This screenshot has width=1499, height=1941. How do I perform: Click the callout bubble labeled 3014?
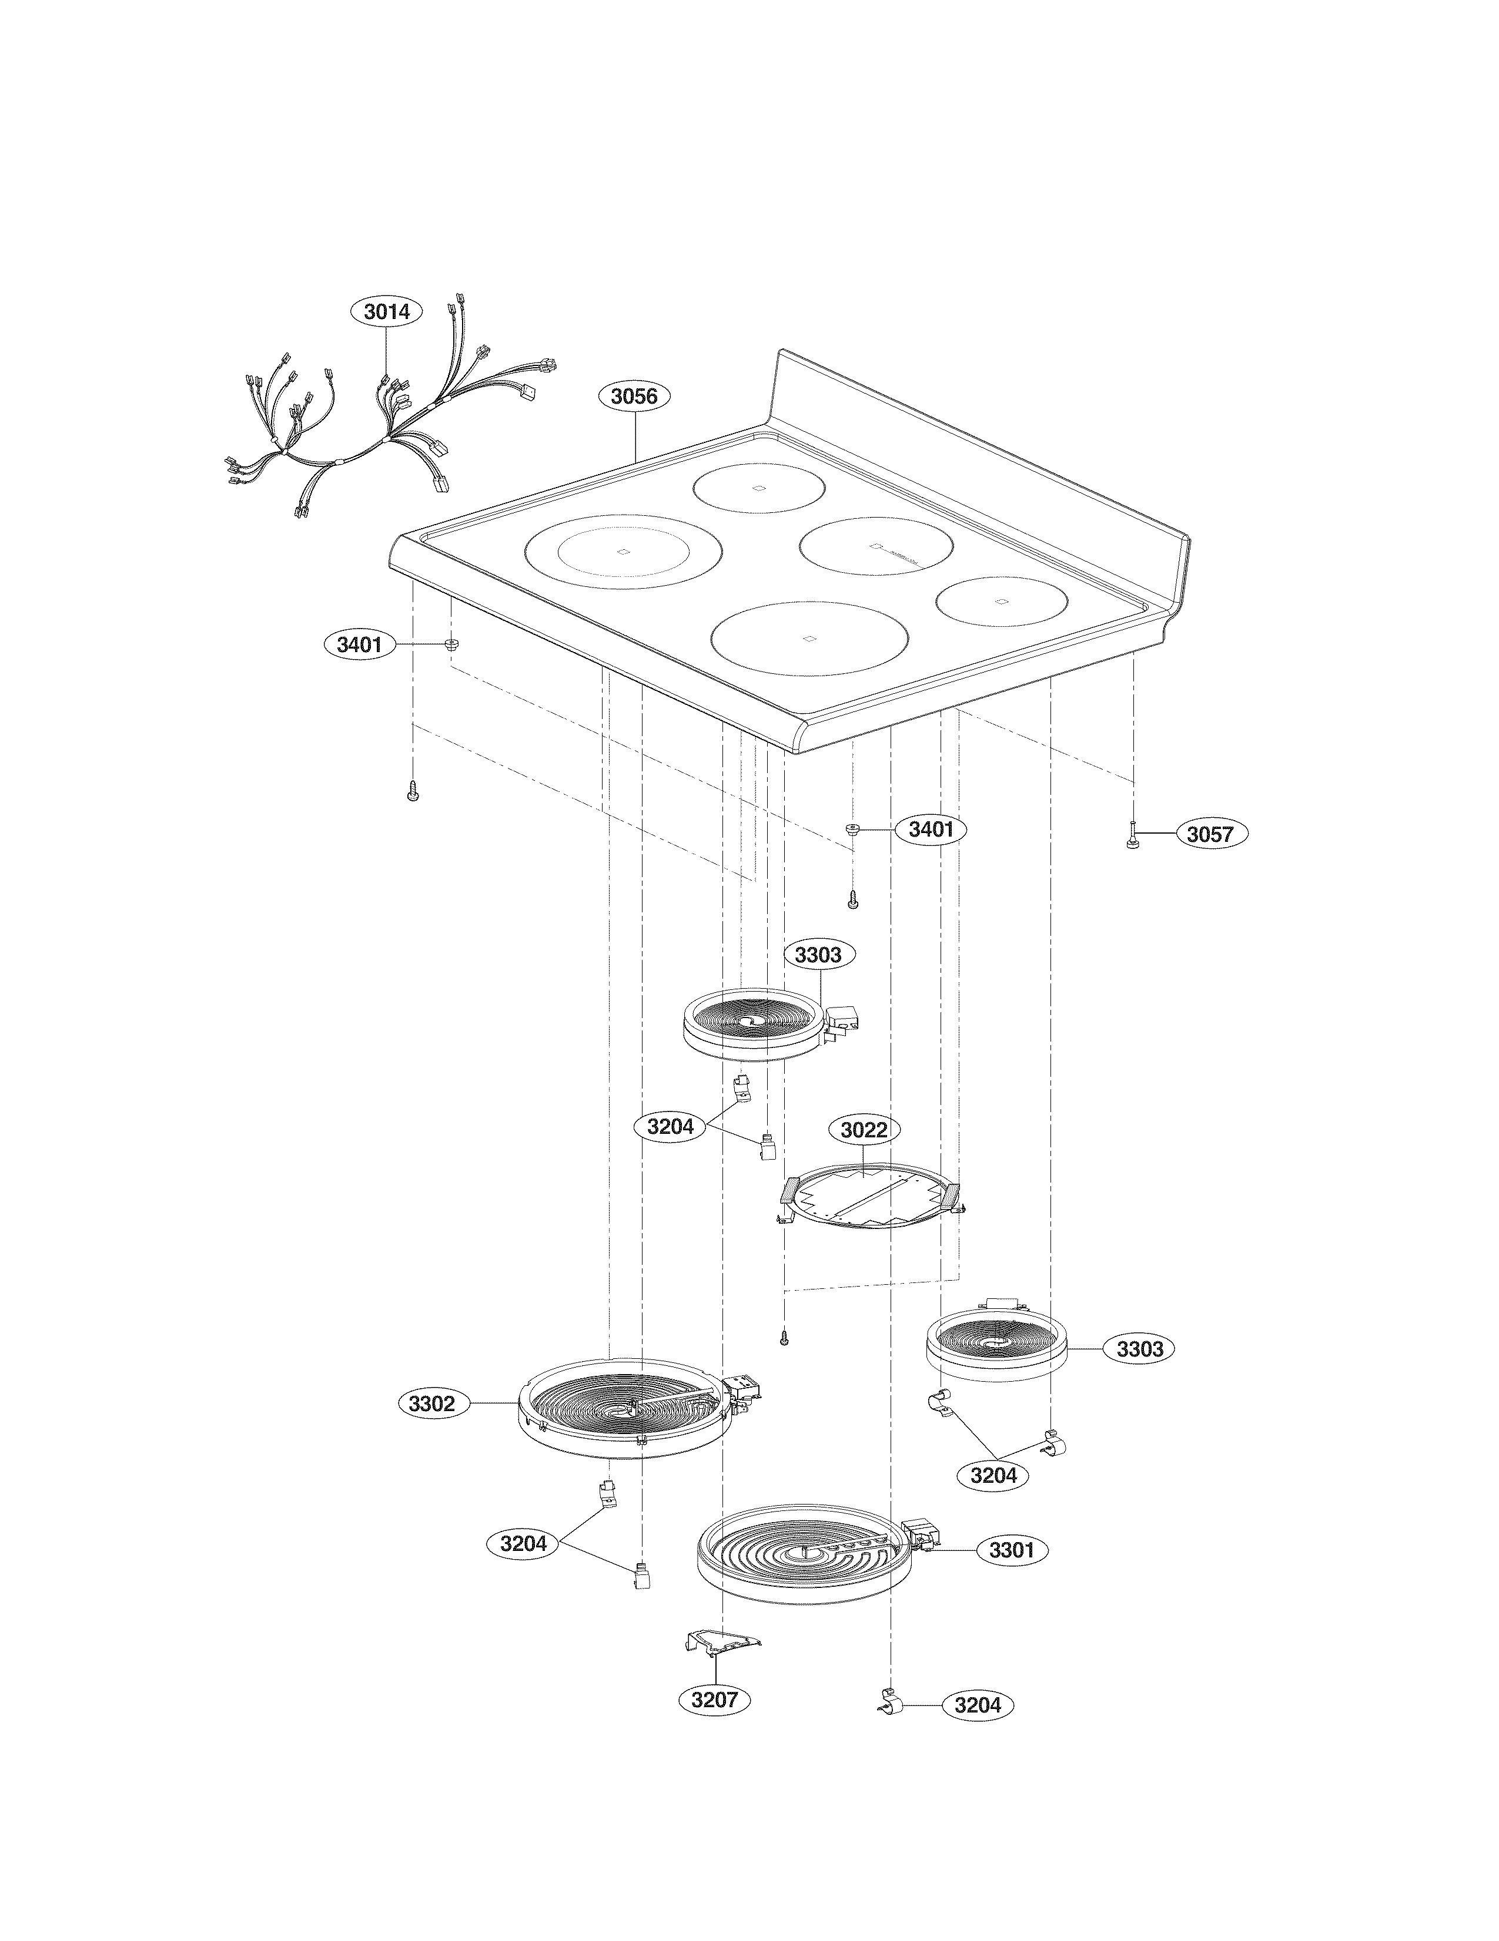tap(387, 312)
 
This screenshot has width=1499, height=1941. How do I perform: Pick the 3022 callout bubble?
tap(864, 1130)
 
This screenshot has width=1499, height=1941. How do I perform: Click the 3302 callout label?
tap(432, 1404)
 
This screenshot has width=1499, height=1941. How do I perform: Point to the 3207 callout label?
tap(715, 1700)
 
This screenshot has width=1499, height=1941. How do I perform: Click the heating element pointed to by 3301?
tap(805, 1554)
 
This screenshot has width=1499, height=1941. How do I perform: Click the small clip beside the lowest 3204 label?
tap(892, 1703)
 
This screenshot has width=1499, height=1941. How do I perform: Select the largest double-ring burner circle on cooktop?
tap(623, 551)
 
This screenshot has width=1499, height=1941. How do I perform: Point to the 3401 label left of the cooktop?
tap(359, 644)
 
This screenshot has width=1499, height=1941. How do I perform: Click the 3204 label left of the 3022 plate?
tap(670, 1127)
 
